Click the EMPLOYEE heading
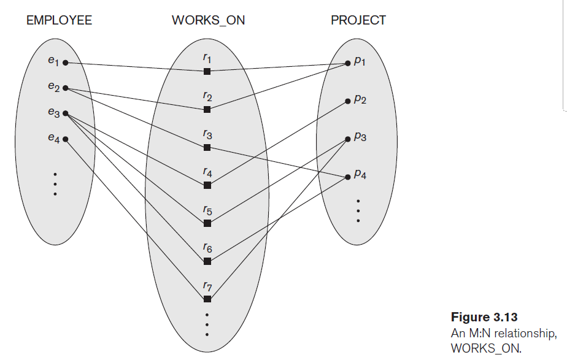pyautogui.click(x=59, y=20)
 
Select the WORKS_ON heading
pyautogui.click(x=208, y=20)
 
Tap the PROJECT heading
pyautogui.click(x=358, y=20)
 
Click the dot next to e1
pyautogui.click(x=65, y=63)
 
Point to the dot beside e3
pyautogui.click(x=65, y=113)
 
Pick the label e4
pyautogui.click(x=53, y=139)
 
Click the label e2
pyautogui.click(x=53, y=87)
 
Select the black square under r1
pyautogui.click(x=207, y=72)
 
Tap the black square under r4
pyautogui.click(x=207, y=185)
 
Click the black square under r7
pyautogui.click(x=207, y=299)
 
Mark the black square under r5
pyautogui.click(x=207, y=223)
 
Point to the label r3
pyautogui.click(x=207, y=134)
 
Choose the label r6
pyautogui.click(x=207, y=248)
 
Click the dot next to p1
pyautogui.click(x=348, y=63)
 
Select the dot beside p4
pyautogui.click(x=348, y=176)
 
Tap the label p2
pyautogui.click(x=360, y=99)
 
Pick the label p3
pyautogui.click(x=360, y=138)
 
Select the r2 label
pyautogui.click(x=207, y=96)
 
